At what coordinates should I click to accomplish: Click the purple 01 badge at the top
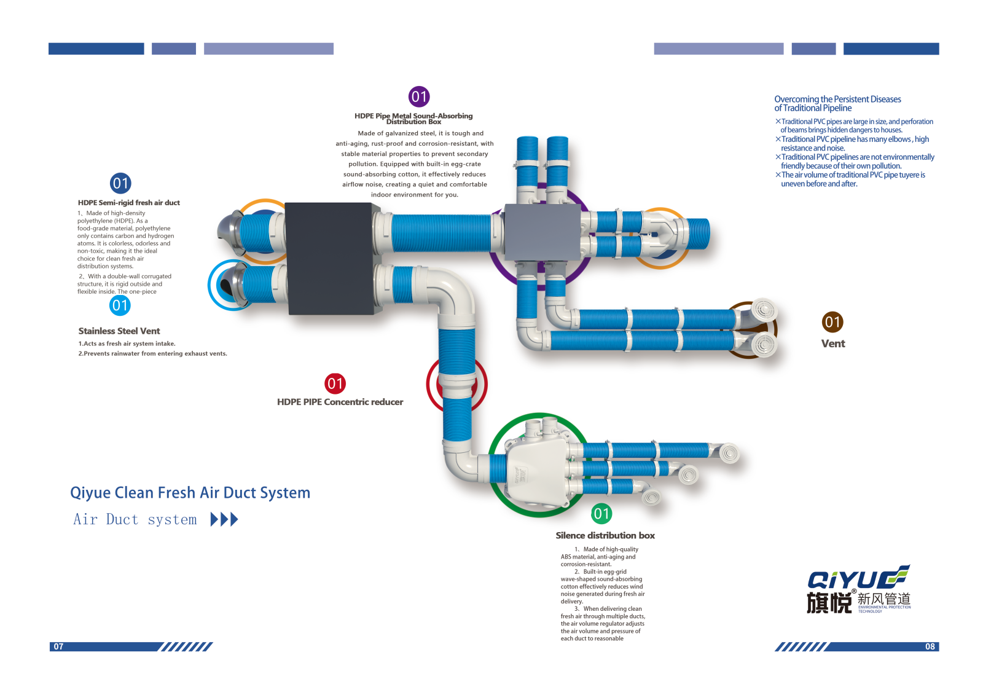pos(419,96)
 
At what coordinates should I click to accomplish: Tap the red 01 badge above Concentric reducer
pos(335,383)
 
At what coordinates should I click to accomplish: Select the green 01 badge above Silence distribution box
pos(601,514)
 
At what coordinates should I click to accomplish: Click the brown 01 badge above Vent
pos(832,321)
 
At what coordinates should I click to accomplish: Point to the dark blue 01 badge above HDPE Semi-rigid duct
pos(120,183)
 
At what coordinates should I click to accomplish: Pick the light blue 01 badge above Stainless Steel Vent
pos(120,305)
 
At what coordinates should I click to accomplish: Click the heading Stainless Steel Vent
pos(119,331)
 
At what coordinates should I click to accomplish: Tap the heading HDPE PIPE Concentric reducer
pos(340,402)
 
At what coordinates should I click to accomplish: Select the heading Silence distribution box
pos(605,536)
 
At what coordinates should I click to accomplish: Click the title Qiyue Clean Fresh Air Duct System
pos(190,493)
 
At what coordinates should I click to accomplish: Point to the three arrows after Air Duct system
pos(224,520)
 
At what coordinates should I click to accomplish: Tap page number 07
pos(58,646)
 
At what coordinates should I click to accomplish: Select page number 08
pos(930,646)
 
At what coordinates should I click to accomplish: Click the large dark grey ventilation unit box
pos(330,258)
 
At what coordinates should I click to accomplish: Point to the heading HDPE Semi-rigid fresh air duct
pos(129,203)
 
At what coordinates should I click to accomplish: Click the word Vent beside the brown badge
pos(833,344)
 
